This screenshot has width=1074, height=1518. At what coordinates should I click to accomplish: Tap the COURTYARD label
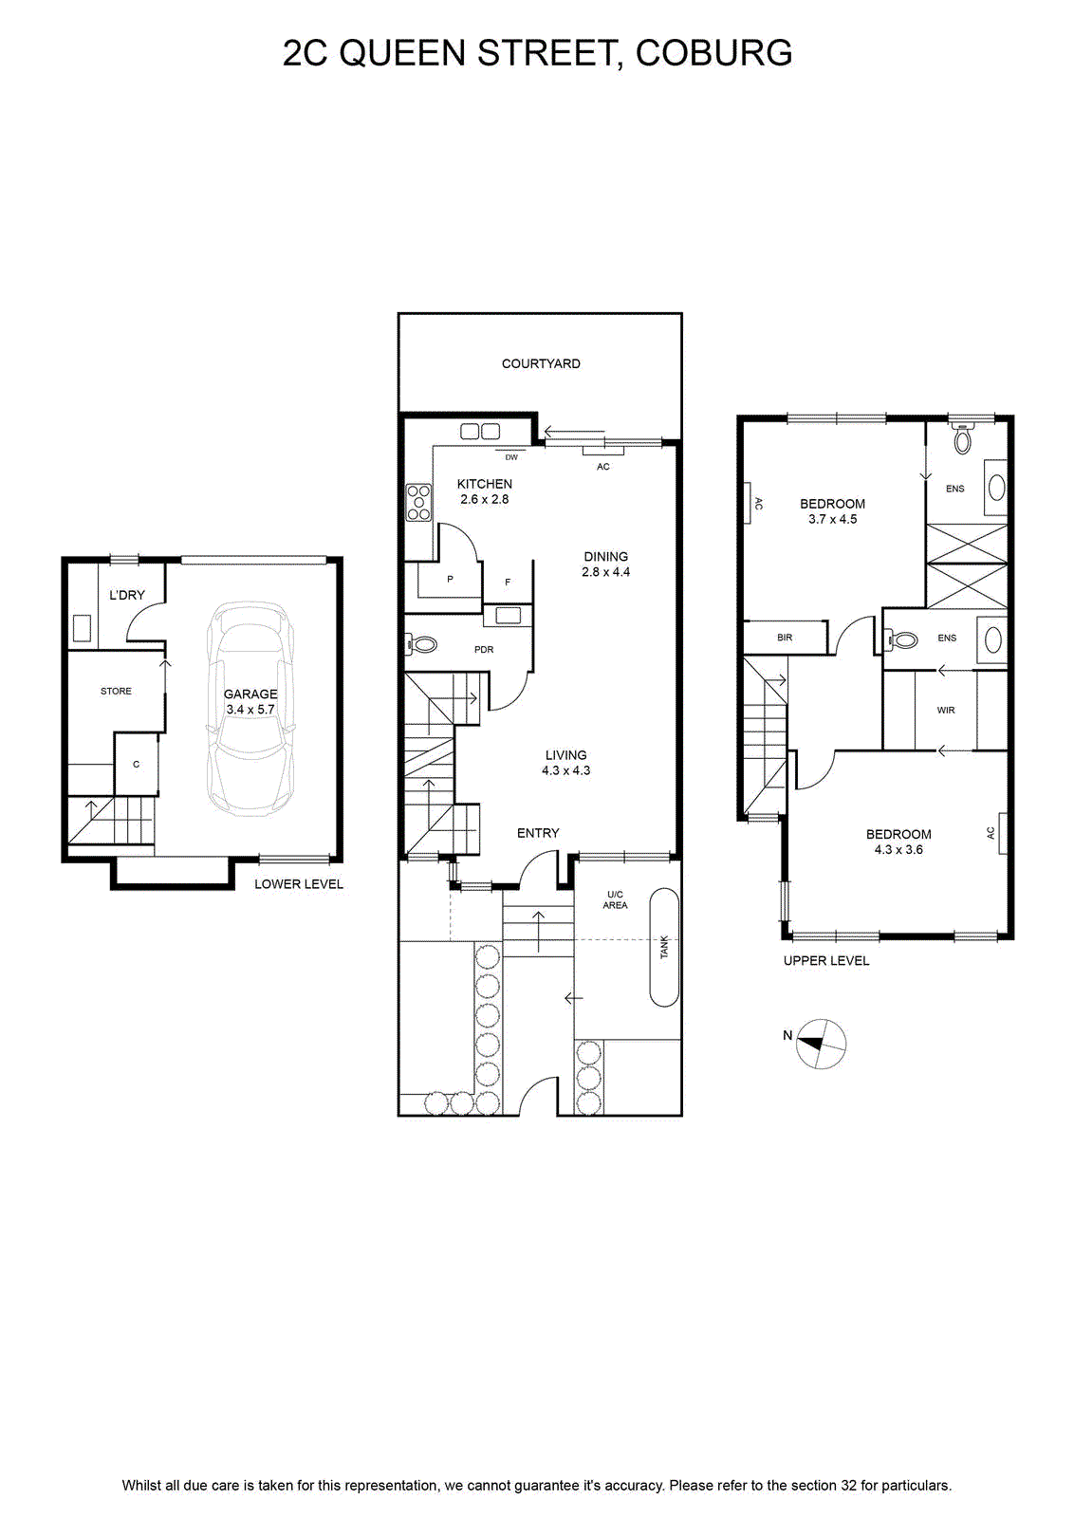tap(541, 364)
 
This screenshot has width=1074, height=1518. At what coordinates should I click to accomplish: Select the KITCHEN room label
tap(485, 484)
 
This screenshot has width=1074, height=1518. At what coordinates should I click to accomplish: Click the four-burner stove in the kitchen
tap(418, 502)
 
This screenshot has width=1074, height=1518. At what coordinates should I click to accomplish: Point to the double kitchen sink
tap(480, 431)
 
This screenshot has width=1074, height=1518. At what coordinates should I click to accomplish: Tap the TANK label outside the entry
tap(664, 947)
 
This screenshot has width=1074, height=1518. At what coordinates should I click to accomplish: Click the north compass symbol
tap(821, 1044)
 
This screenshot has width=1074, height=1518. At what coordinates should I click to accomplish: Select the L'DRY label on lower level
tap(127, 595)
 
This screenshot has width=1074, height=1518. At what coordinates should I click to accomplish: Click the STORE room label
tap(116, 692)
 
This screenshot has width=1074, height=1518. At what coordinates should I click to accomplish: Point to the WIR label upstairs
tap(946, 711)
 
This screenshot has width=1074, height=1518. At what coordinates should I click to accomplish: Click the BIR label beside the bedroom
tap(785, 638)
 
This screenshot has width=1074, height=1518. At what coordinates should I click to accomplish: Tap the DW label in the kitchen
tap(511, 457)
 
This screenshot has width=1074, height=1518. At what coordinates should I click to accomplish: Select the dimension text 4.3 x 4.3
tap(565, 770)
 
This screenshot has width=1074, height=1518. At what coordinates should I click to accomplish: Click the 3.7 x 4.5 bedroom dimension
tap(832, 519)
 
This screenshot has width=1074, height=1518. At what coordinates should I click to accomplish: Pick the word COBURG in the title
tap(714, 53)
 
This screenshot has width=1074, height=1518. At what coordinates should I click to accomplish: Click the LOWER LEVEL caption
tap(299, 884)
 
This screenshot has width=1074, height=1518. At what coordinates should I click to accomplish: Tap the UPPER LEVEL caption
tap(826, 960)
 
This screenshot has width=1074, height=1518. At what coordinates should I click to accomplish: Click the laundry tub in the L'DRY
tap(83, 627)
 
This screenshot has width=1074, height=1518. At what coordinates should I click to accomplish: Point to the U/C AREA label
tap(615, 900)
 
